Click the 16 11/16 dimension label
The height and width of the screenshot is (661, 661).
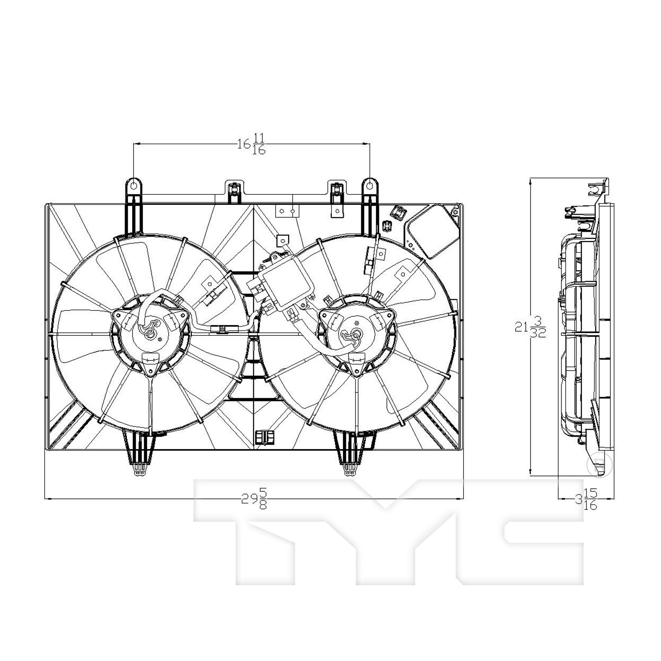pyautogui.click(x=252, y=144)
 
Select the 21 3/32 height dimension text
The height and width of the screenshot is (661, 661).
pyautogui.click(x=531, y=327)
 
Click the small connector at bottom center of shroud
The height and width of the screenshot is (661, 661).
pyautogui.click(x=264, y=437)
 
